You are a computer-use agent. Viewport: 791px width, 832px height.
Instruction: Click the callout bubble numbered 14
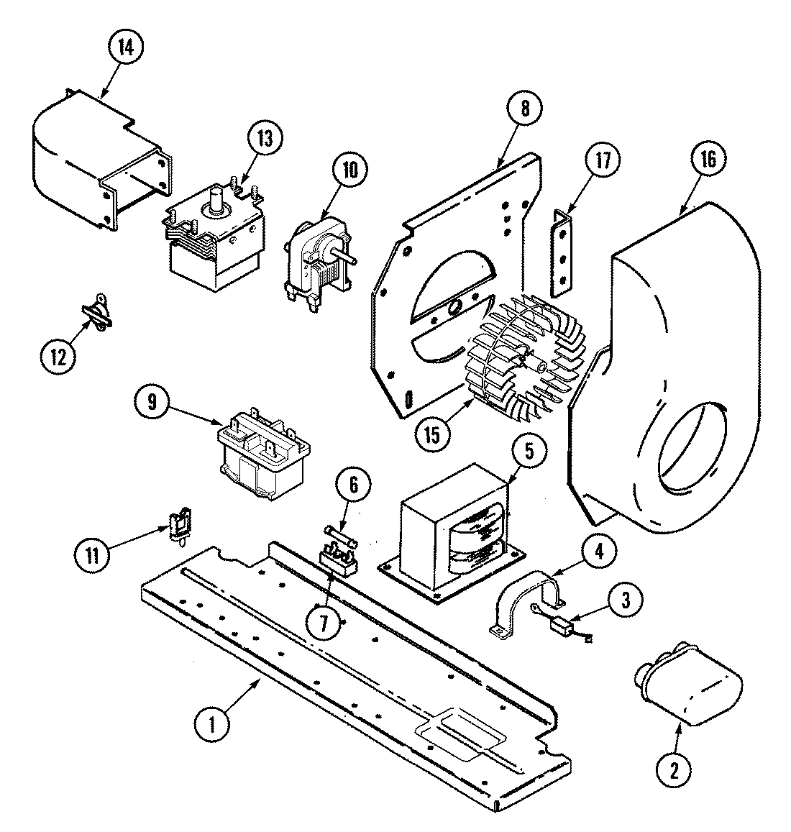click(125, 48)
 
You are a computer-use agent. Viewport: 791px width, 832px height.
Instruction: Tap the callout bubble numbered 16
click(708, 160)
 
